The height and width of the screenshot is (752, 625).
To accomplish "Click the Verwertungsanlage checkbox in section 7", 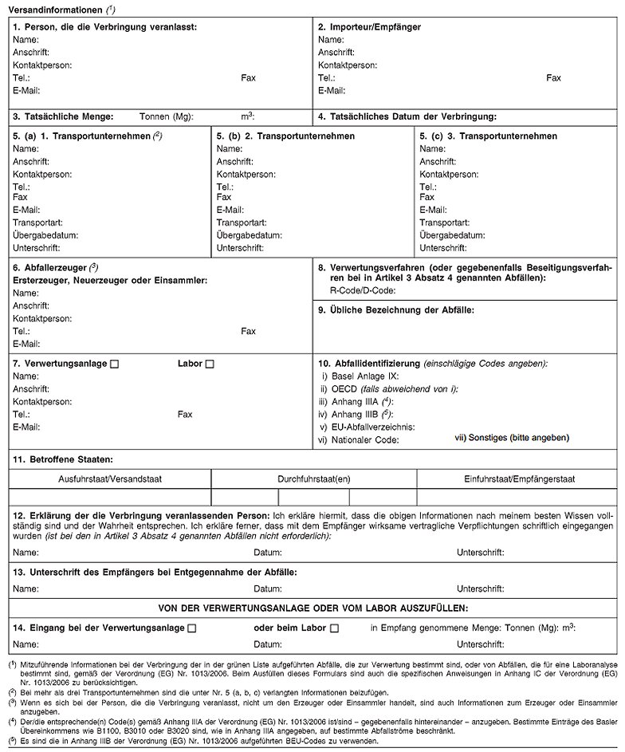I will tap(114, 364).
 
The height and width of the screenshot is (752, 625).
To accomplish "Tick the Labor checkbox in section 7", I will tap(210, 364).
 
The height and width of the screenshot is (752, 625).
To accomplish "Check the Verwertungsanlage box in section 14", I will tap(191, 628).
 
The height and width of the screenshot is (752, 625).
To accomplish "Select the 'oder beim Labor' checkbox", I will tap(334, 628).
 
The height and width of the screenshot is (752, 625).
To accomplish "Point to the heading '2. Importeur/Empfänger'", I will tap(369, 27).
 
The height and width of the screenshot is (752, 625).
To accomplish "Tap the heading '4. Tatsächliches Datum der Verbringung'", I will tap(407, 116).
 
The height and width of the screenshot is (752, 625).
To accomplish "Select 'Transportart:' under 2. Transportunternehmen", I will tap(242, 222).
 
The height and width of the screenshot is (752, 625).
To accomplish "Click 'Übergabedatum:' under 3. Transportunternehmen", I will tap(452, 235).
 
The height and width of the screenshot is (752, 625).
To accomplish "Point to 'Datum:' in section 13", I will tap(266, 589).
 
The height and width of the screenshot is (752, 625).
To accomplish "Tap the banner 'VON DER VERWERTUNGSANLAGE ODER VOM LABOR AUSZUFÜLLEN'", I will tap(312, 608).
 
